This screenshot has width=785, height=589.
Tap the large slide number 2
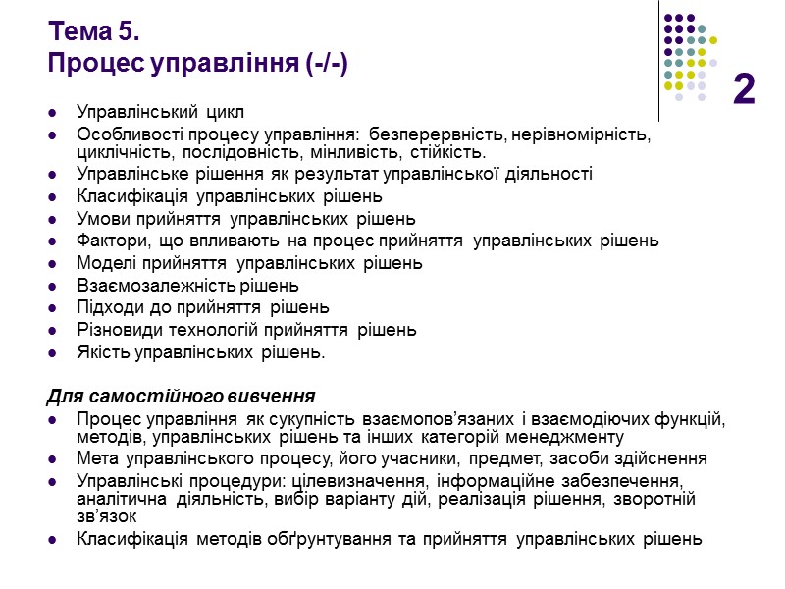click(x=744, y=90)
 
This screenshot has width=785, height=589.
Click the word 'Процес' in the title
click(x=93, y=65)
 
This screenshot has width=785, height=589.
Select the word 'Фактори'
click(x=110, y=241)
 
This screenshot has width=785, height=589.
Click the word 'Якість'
click(x=101, y=352)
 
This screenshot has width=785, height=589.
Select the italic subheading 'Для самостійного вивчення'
click(x=181, y=397)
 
